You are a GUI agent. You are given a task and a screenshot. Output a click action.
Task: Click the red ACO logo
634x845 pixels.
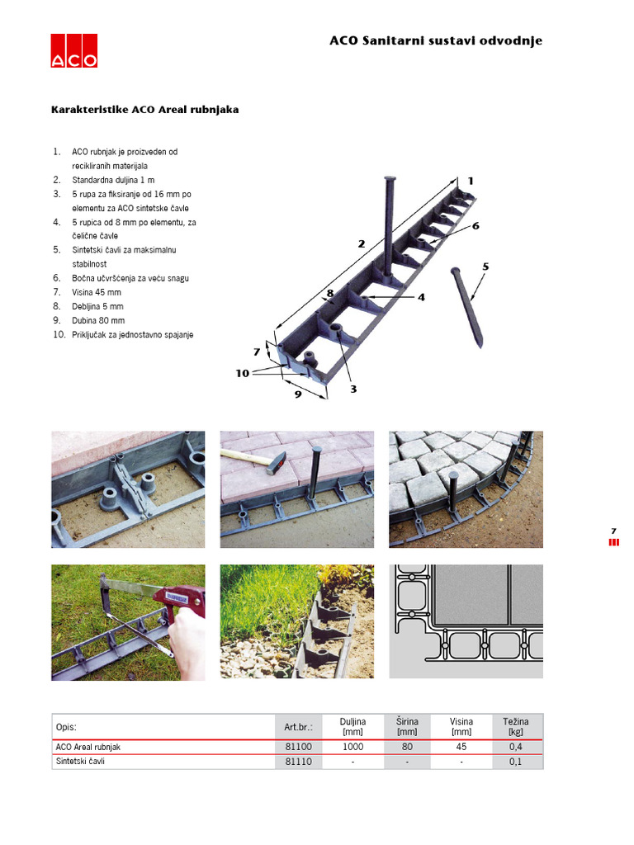pyautogui.click(x=73, y=50)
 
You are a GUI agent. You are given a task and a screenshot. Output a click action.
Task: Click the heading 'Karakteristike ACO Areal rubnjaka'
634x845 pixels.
pyautogui.click(x=145, y=110)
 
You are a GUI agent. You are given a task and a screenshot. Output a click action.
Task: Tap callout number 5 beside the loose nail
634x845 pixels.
pyautogui.click(x=485, y=267)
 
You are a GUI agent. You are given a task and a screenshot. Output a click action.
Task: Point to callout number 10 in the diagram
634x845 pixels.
pyautogui.click(x=243, y=373)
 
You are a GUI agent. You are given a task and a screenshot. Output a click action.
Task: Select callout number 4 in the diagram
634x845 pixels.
pyautogui.click(x=421, y=297)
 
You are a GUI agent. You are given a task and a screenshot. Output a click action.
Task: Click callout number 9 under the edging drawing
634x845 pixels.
pyautogui.click(x=298, y=394)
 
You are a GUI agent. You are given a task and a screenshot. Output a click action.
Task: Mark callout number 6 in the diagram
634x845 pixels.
pyautogui.click(x=475, y=226)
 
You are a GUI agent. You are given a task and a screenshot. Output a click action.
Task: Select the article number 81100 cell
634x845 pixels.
pyautogui.click(x=298, y=747)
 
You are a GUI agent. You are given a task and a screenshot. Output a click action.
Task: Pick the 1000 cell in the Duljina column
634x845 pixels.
pyautogui.click(x=353, y=747)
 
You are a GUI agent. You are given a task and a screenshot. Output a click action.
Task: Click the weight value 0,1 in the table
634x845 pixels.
pyautogui.click(x=515, y=762)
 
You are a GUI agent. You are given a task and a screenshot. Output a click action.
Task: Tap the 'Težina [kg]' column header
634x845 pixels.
pyautogui.click(x=516, y=726)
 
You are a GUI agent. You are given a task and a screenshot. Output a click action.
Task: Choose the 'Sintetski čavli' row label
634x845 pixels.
pyautogui.click(x=80, y=762)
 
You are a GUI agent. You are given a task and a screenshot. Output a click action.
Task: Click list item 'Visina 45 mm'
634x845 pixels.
pyautogui.click(x=97, y=292)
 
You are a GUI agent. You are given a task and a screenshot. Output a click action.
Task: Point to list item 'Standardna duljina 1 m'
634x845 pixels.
pyautogui.click(x=113, y=180)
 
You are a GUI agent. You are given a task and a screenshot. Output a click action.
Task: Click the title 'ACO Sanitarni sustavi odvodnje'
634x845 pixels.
pyautogui.click(x=436, y=41)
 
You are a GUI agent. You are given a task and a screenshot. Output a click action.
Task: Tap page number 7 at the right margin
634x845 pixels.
pyautogui.click(x=613, y=531)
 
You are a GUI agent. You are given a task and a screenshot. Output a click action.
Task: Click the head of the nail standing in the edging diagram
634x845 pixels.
pyautogui.click(x=390, y=178)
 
